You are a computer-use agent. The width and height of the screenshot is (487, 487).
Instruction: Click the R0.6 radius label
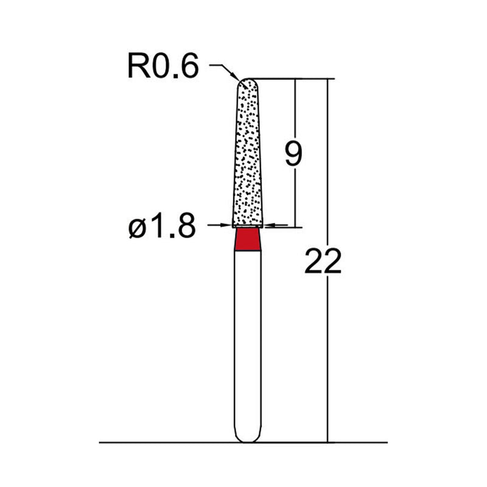163,66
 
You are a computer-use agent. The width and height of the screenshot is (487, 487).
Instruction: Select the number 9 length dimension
293,155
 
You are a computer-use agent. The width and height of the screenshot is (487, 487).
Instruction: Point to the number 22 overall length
323,262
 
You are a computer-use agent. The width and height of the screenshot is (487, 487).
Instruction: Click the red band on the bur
248,239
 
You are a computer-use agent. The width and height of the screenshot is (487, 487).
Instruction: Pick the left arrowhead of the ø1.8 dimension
229,225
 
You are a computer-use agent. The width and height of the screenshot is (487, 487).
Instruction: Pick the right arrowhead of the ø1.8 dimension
268,225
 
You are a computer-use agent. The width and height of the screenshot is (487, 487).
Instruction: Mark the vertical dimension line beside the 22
328,365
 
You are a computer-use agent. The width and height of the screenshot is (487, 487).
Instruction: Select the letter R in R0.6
137,66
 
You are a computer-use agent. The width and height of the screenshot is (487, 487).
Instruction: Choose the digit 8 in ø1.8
186,227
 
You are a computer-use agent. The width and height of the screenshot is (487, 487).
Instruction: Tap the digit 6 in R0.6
189,66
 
